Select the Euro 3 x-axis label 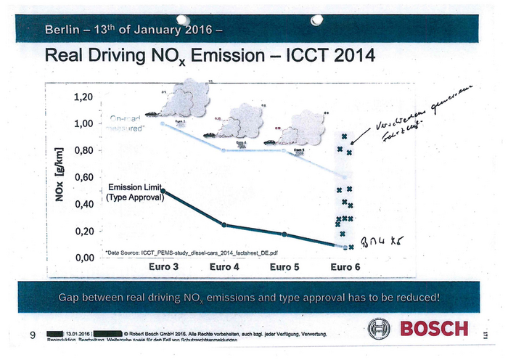click(164, 268)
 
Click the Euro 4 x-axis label click(224, 268)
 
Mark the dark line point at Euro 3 click(163, 191)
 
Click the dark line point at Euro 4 click(224, 225)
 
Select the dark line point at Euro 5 click(284, 234)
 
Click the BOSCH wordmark click(434, 330)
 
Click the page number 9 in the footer click(33, 335)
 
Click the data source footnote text click(192, 252)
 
